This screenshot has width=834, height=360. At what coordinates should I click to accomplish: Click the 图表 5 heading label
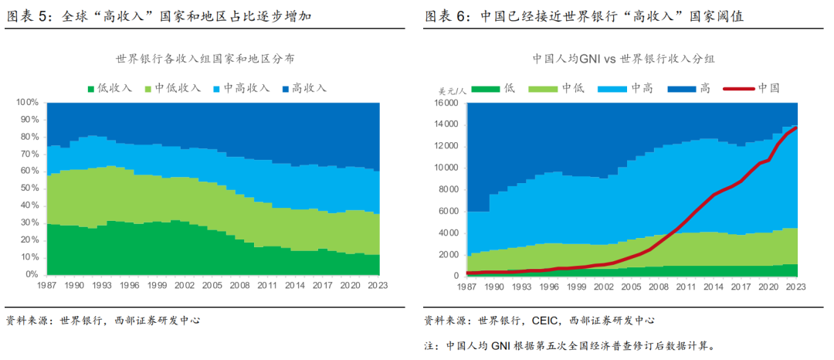[29, 15]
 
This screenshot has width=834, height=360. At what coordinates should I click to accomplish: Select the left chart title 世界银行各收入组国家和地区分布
[205, 59]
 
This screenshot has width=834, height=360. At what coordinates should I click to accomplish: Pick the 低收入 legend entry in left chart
[109, 88]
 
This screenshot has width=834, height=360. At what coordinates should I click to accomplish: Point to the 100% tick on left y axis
[27, 102]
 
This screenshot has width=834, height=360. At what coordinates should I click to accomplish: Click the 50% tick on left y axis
[29, 188]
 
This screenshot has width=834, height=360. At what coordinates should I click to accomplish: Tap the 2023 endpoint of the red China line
[796, 128]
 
